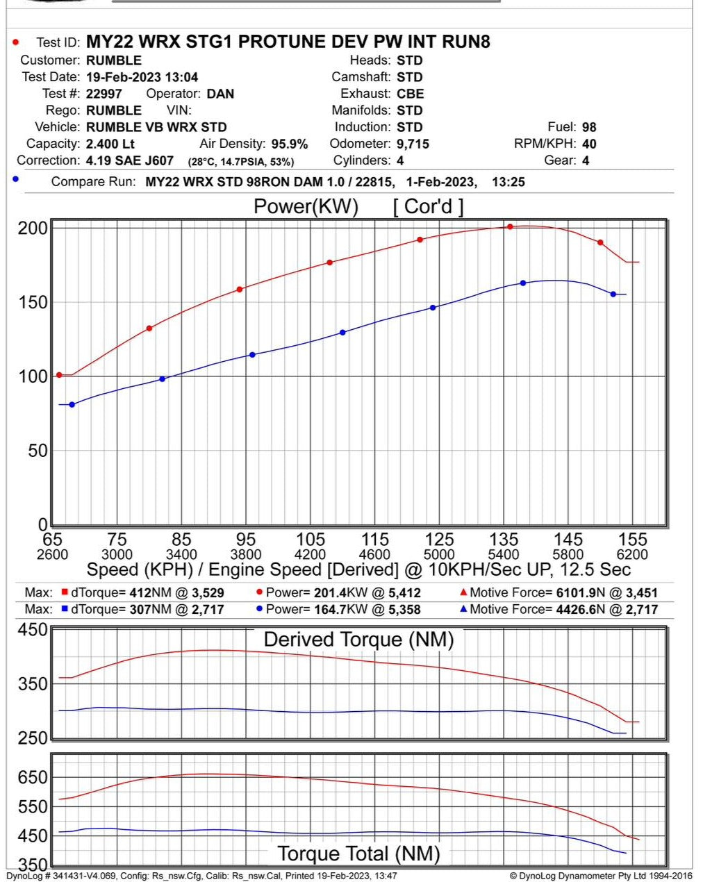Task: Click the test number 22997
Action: (104, 94)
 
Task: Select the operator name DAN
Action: (220, 94)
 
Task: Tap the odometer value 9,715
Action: (413, 144)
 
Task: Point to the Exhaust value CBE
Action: (411, 94)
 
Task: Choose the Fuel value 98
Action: (589, 127)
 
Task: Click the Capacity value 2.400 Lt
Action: (110, 144)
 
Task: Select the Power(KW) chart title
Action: (306, 206)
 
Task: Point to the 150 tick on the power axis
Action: (33, 302)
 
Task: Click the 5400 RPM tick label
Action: (504, 555)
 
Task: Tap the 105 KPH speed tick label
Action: (311, 540)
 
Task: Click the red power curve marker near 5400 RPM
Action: (510, 227)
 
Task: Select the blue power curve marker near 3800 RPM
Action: (252, 355)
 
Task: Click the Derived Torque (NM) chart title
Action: (358, 640)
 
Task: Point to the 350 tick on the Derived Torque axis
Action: (33, 683)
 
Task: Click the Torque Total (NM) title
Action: (358, 854)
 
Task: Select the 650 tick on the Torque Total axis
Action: (33, 777)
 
